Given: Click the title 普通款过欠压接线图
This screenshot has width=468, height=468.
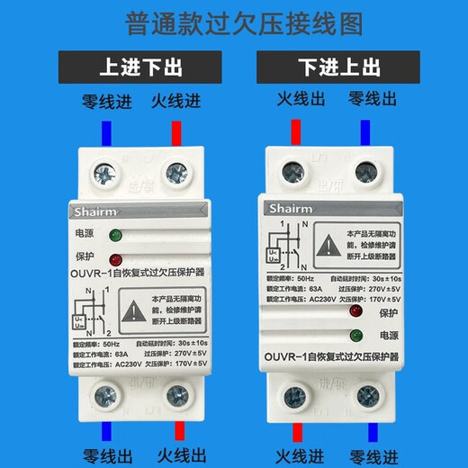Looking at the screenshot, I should tap(233, 22).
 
